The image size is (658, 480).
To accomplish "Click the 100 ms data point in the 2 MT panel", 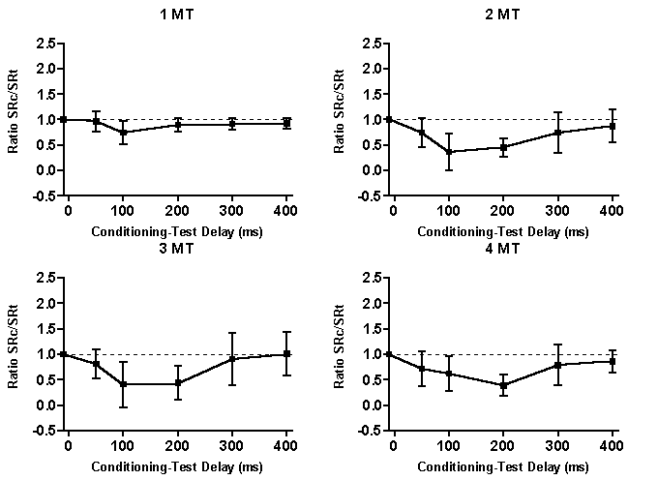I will coord(449,152).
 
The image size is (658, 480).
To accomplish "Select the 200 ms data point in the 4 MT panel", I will coord(503,385).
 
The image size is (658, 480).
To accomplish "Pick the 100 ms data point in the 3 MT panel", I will coord(124,384).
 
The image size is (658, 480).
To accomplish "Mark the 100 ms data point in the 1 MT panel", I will coord(124,132).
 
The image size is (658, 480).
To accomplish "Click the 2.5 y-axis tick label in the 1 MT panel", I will coord(45,44).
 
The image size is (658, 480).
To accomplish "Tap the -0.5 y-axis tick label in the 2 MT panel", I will coord(368,195).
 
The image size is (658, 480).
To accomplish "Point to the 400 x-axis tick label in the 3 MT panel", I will coord(286,444).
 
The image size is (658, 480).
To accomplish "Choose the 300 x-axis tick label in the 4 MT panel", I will coord(557,444).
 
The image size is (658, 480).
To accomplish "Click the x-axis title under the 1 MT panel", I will coord(177,231).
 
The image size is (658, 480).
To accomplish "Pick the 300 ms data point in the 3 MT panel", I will coord(232,359).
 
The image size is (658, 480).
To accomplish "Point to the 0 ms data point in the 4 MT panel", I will coord(389,354).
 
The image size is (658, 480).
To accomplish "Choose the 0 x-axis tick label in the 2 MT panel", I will coord(393,210).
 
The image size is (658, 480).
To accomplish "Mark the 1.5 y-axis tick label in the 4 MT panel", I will coord(370,329).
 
